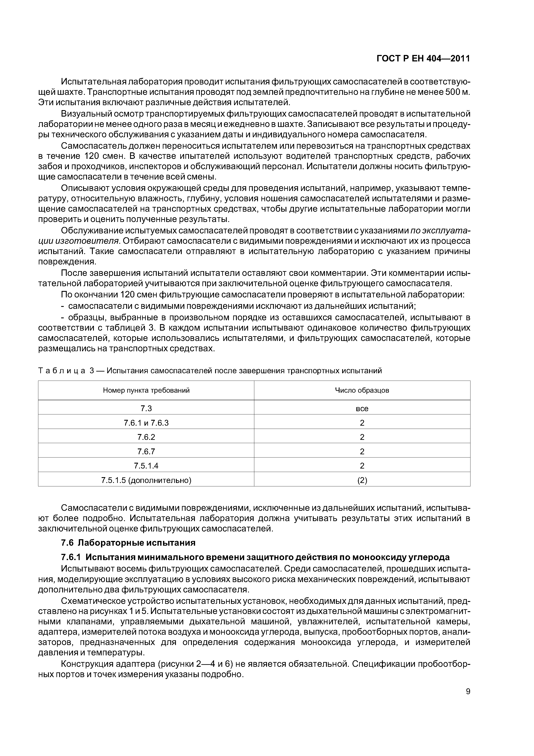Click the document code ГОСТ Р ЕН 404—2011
click(x=423, y=59)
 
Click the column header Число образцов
click(x=362, y=390)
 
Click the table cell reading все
click(x=362, y=409)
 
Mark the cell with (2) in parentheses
click(x=362, y=480)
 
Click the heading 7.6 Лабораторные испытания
click(x=128, y=543)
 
